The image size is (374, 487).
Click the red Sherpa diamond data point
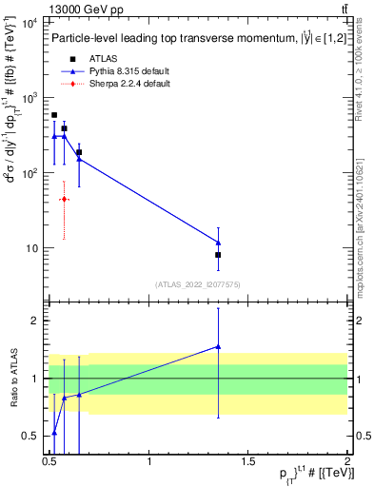(x=64, y=199)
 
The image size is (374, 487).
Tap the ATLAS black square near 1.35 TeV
(x=218, y=255)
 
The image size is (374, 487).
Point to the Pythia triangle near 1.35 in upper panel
(x=218, y=243)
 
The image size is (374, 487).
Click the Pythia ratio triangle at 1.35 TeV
(x=218, y=347)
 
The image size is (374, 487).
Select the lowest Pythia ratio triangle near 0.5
(x=54, y=433)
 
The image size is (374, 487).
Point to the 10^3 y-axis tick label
(x=30, y=99)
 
